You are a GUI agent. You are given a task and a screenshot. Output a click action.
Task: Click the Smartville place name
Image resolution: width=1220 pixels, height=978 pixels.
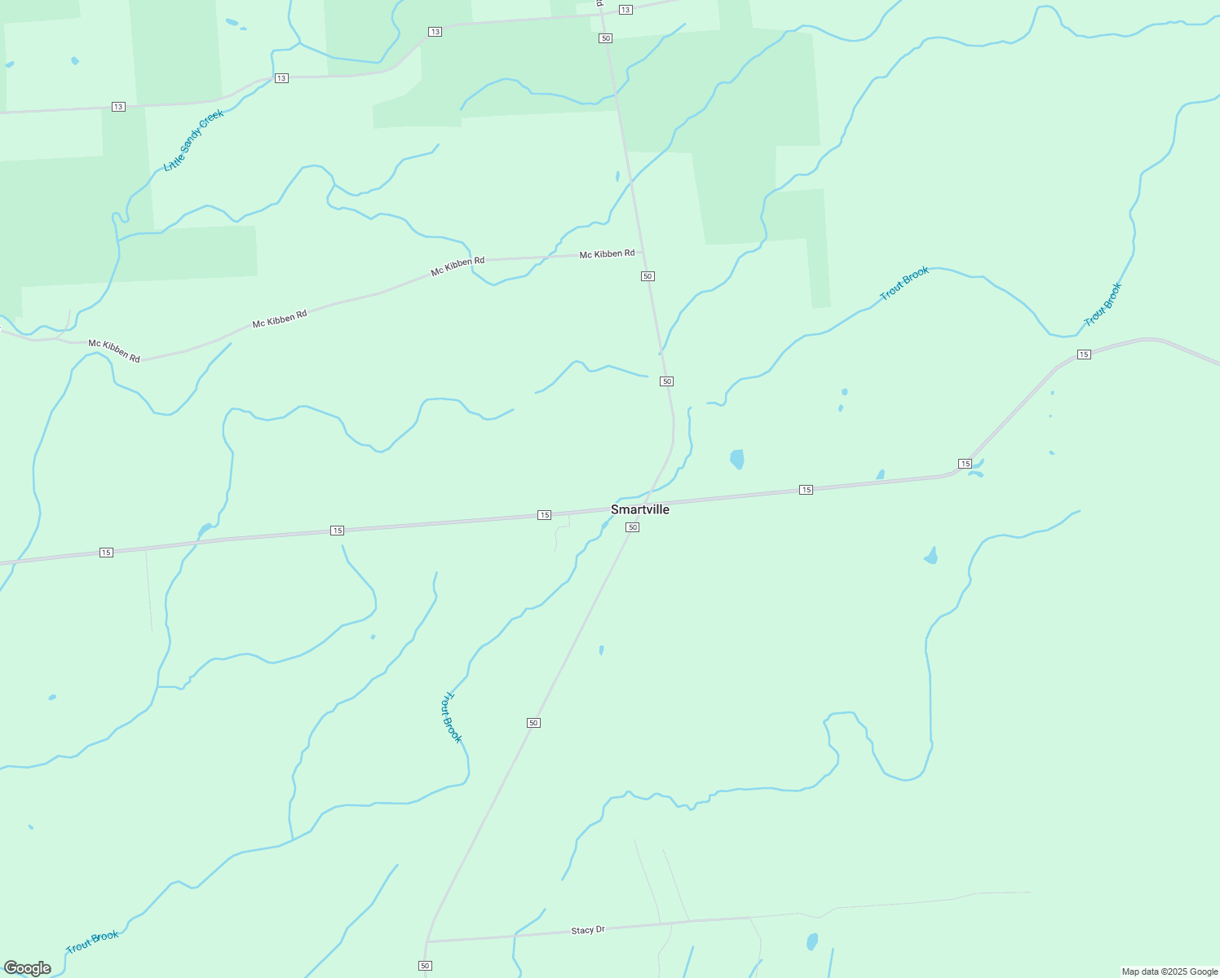[x=640, y=509]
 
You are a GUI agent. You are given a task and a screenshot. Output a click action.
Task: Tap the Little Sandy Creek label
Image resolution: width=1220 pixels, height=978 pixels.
[x=193, y=140]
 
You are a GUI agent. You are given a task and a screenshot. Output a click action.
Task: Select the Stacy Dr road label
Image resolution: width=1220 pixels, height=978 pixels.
[x=588, y=930]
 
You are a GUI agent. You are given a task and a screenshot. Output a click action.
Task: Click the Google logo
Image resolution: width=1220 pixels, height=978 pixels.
[x=28, y=968]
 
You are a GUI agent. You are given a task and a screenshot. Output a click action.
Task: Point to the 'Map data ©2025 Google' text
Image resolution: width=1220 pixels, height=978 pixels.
[x=1169, y=971]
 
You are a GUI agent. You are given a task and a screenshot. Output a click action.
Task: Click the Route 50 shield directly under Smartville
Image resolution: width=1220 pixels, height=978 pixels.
[x=632, y=527]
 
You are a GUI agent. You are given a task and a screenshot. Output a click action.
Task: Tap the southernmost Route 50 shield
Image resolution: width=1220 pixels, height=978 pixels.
[x=425, y=966]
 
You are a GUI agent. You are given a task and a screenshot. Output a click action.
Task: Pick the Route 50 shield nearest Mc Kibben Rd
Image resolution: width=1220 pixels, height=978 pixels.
[x=648, y=276]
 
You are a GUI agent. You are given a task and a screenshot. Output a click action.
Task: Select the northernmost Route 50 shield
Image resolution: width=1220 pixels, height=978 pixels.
[x=605, y=38]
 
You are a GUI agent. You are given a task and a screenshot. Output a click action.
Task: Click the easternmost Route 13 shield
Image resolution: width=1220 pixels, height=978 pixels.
[x=625, y=10]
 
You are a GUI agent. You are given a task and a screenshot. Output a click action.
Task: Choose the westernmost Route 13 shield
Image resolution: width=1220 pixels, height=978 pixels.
[x=118, y=107]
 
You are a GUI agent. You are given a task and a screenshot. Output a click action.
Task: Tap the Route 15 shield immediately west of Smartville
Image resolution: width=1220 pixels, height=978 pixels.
[x=545, y=515]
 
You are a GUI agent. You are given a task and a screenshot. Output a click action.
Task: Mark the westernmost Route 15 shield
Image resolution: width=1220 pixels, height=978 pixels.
[x=106, y=553]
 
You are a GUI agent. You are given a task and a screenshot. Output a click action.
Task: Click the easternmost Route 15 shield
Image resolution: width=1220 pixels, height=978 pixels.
[x=1084, y=354]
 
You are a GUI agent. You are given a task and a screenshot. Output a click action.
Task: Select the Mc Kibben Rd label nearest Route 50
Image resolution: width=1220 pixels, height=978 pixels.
[x=607, y=254]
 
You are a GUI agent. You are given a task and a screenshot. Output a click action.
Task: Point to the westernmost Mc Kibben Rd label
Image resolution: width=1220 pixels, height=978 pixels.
[x=114, y=350]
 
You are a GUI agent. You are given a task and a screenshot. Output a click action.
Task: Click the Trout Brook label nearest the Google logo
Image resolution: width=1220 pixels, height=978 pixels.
[x=92, y=941]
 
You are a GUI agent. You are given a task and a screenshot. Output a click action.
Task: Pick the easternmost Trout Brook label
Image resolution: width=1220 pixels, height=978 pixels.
[x=1103, y=305]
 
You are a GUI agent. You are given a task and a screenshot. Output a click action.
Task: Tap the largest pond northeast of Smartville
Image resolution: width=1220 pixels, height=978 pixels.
[x=737, y=459]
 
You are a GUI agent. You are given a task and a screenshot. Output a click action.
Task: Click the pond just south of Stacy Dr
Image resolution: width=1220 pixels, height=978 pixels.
[x=812, y=942]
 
